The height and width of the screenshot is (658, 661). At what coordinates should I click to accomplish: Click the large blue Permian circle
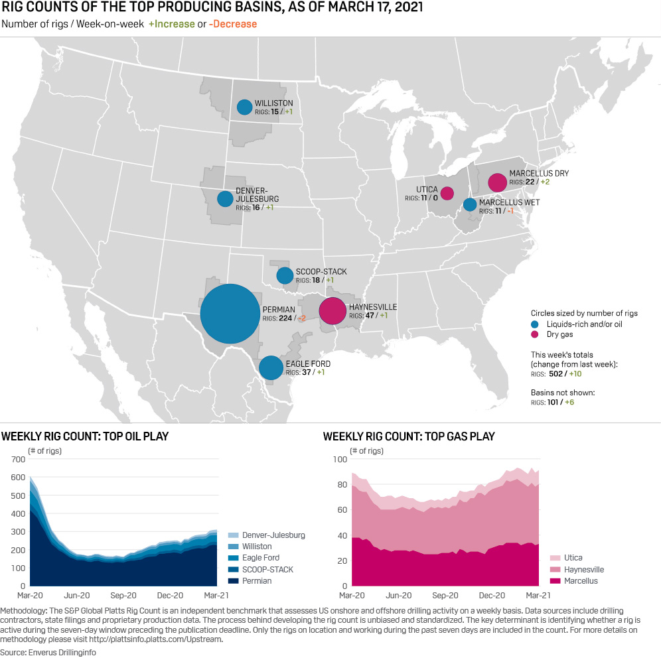(x=230, y=314)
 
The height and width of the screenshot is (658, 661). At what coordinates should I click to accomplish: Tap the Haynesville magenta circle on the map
(x=332, y=310)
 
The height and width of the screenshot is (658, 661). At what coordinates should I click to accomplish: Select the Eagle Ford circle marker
(x=271, y=367)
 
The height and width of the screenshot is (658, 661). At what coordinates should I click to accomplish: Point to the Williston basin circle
(x=244, y=107)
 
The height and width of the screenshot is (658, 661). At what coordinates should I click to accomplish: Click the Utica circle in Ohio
(x=447, y=193)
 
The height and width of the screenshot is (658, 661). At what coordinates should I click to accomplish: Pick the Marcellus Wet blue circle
(x=470, y=204)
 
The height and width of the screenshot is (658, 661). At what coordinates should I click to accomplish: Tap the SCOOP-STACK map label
(x=321, y=272)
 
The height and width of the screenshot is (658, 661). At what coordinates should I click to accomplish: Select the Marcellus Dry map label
(x=539, y=174)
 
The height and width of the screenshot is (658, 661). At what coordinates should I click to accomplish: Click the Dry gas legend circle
(x=535, y=334)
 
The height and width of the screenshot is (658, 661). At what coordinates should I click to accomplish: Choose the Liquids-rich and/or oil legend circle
(x=535, y=324)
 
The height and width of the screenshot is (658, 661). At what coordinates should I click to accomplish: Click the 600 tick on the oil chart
(x=17, y=478)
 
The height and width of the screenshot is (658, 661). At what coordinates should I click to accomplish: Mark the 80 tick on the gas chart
(x=340, y=485)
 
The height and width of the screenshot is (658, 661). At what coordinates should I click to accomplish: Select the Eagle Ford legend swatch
(x=232, y=558)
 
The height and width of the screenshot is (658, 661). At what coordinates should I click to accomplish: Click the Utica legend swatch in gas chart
(x=554, y=558)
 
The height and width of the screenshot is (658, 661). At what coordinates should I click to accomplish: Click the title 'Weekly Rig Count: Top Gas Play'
(x=408, y=436)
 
